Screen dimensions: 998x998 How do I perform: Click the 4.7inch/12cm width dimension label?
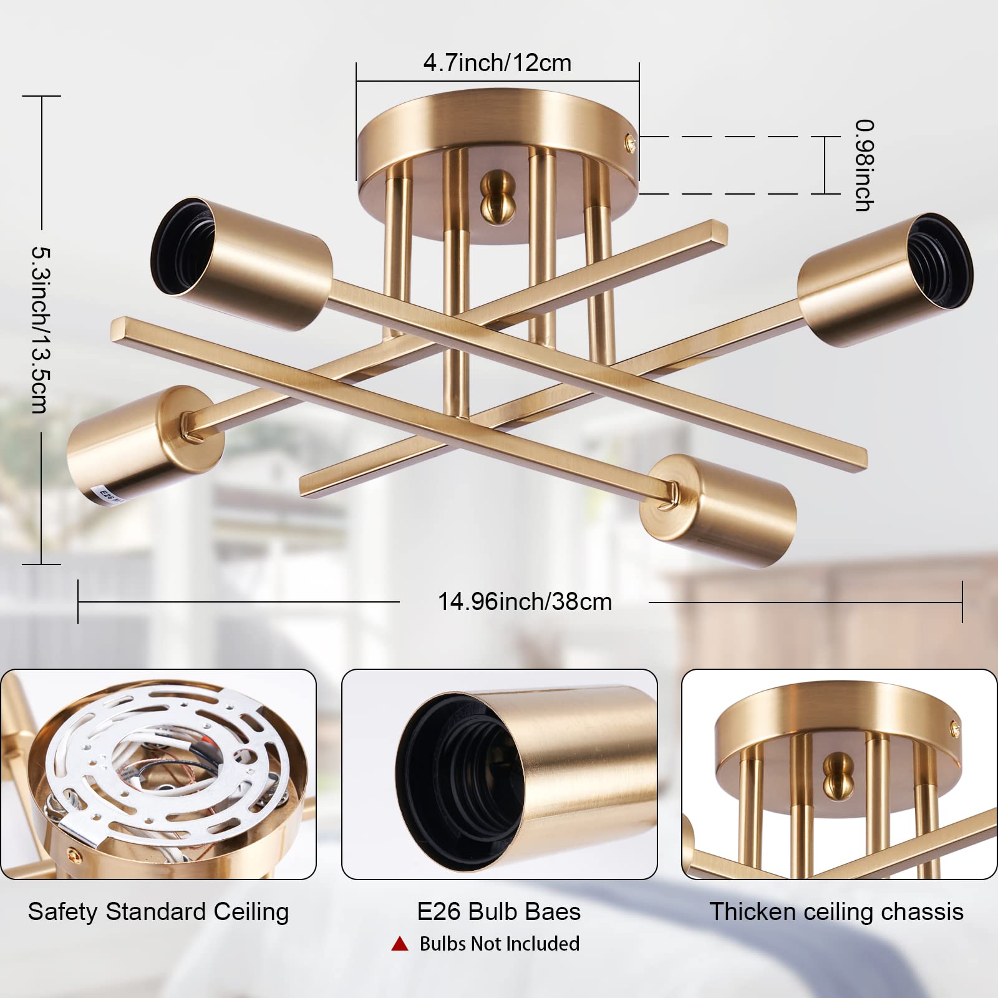pos(497,63)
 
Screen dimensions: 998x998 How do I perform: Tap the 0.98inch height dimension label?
pos(864,165)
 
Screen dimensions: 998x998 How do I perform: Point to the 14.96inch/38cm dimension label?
pos(525,602)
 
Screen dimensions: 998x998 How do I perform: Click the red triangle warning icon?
pos(399,944)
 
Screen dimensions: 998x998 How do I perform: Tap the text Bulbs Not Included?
pos(500,944)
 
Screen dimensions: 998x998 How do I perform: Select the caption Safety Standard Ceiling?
pos(158,912)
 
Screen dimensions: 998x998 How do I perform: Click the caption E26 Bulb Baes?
pos(499,912)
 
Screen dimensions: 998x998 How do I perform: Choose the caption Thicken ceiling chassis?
pos(836,912)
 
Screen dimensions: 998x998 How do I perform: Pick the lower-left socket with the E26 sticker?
pos(144,447)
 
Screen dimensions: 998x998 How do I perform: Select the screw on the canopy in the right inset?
pos(955,726)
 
